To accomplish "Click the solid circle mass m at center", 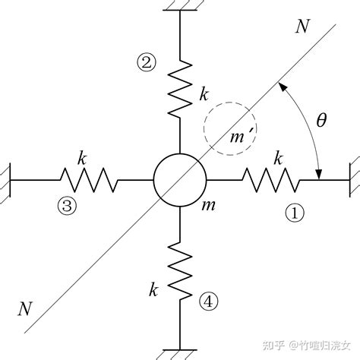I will pos(179,180).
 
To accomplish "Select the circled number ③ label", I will pos(68,205).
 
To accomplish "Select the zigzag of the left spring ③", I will pos(88,180).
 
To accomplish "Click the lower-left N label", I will pos(26,308).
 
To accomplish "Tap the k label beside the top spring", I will pos(203,96).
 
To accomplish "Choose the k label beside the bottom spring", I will pos(153,289).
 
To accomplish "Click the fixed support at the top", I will pos(179,6).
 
